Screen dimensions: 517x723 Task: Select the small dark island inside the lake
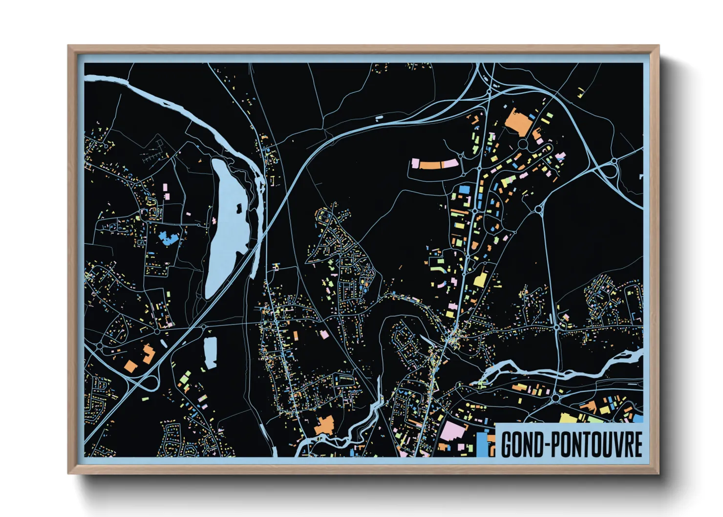[239, 208]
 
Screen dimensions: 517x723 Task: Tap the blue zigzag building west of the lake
[168, 238]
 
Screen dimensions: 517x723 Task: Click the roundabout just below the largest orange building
[523, 144]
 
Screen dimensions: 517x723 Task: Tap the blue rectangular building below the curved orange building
[464, 188]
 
